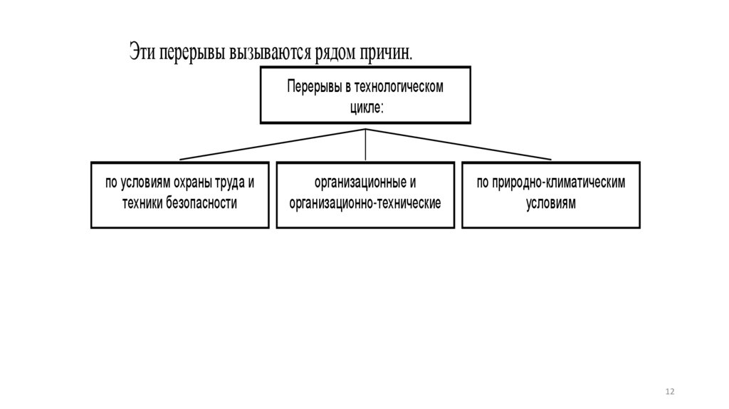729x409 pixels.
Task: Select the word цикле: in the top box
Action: tap(365, 107)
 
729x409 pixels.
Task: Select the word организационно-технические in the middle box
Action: tap(365, 202)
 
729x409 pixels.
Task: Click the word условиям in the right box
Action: tap(550, 202)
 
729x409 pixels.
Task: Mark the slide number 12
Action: tap(669, 393)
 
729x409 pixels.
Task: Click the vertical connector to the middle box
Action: tap(365, 145)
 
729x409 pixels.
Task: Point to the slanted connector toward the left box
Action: tap(271, 145)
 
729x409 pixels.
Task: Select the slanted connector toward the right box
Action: tap(459, 145)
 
